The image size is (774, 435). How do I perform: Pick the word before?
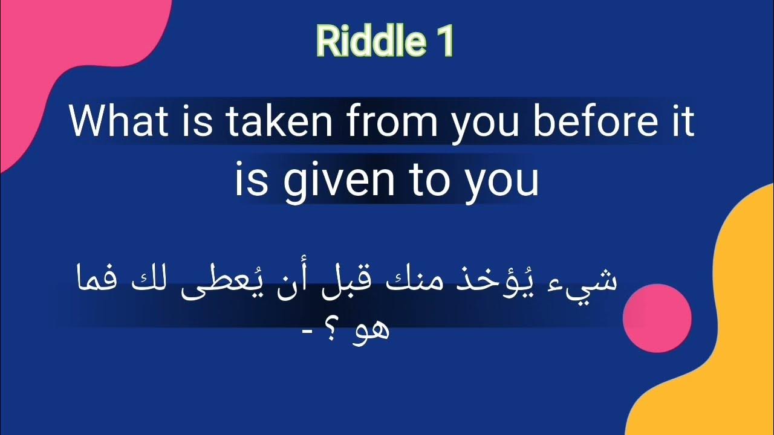click(x=596, y=121)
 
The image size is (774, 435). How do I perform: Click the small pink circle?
click(x=657, y=318)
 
